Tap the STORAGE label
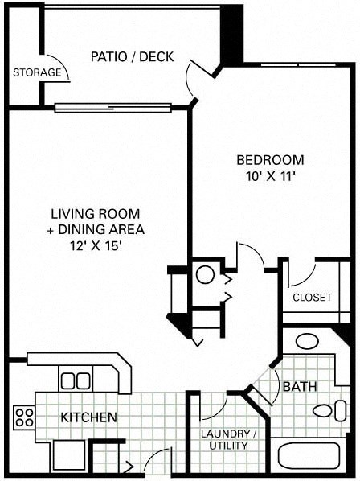[36, 72]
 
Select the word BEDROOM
[269, 159]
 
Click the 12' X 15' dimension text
[95, 247]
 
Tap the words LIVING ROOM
[95, 214]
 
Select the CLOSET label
[312, 297]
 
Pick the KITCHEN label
[89, 417]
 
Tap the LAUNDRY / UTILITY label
[228, 439]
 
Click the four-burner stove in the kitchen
[24, 417]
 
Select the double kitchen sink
[76, 379]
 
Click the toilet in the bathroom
[325, 413]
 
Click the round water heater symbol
[205, 275]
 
